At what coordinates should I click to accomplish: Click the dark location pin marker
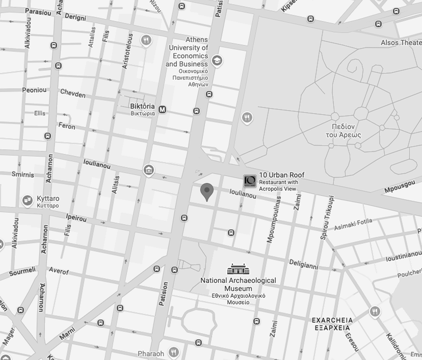pyautogui.click(x=206, y=192)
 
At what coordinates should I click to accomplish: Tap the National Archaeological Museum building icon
pyautogui.click(x=238, y=269)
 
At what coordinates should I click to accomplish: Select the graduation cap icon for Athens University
pyautogui.click(x=217, y=61)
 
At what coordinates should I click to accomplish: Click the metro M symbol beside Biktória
pyautogui.click(x=163, y=109)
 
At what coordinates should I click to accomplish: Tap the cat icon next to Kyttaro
pyautogui.click(x=28, y=201)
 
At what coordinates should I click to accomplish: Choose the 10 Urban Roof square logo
pyautogui.click(x=249, y=181)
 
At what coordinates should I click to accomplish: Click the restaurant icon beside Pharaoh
pyautogui.click(x=173, y=352)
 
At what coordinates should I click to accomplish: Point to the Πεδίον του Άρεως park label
pyautogui.click(x=343, y=131)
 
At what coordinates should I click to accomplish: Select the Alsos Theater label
pyautogui.click(x=401, y=43)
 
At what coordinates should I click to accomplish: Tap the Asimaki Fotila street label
pyautogui.click(x=353, y=224)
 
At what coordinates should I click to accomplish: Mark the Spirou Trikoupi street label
pyautogui.click(x=327, y=218)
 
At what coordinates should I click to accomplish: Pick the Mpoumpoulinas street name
pyautogui.click(x=274, y=219)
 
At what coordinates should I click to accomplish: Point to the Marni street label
pyautogui.click(x=67, y=334)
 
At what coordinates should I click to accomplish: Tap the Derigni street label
pyautogui.click(x=75, y=17)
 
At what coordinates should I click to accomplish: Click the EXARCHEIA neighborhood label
pyautogui.click(x=332, y=324)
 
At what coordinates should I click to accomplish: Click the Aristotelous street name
pyautogui.click(x=130, y=52)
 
